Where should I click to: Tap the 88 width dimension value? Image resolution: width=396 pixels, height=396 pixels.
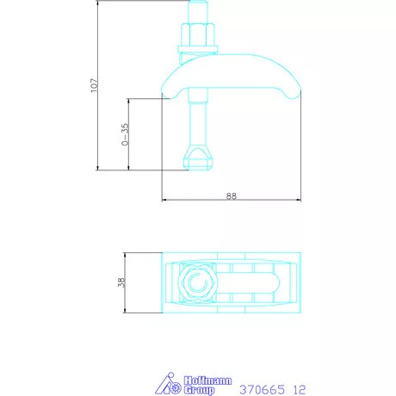tap(231, 195)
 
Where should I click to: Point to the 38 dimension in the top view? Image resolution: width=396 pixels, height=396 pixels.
tap(121, 282)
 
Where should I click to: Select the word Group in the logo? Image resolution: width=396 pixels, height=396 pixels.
tap(200, 390)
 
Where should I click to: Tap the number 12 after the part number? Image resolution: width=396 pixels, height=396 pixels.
tap(300, 389)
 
